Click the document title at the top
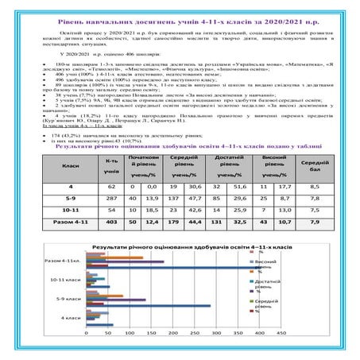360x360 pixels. tap(180, 9)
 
